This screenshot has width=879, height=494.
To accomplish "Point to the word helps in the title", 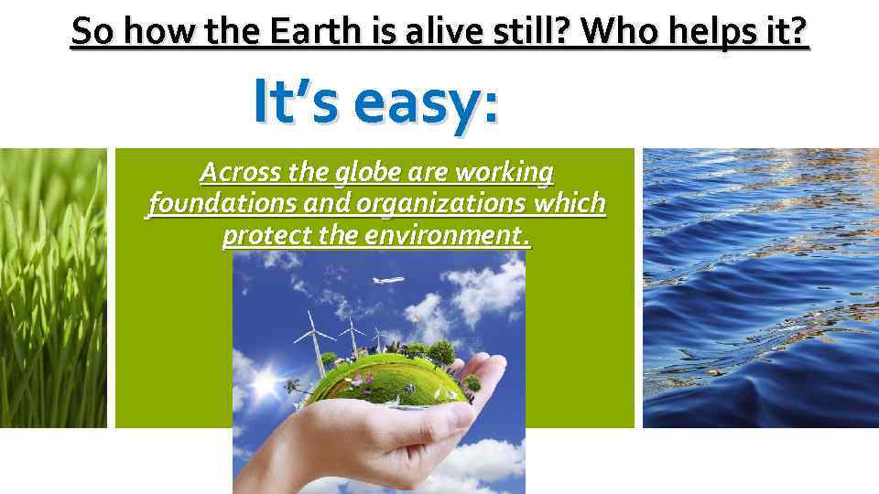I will (x=716, y=33).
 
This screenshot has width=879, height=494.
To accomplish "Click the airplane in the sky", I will (x=388, y=281).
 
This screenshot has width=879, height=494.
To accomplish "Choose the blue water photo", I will (x=760, y=288).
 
